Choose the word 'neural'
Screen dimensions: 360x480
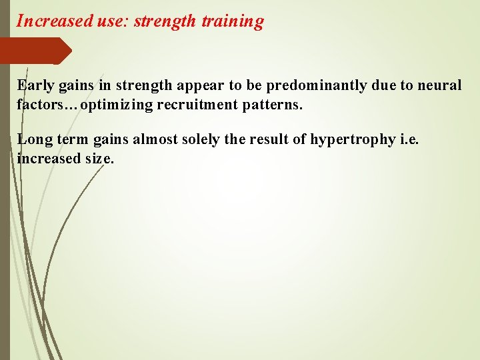[x=438, y=86]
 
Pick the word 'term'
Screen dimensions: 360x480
[x=71, y=140]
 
